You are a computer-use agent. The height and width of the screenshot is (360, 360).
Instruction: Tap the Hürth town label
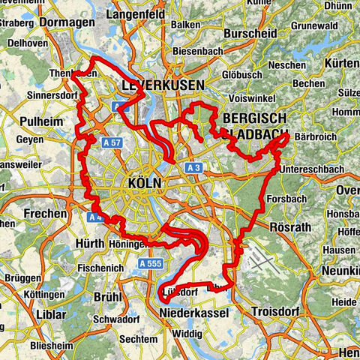pos(90,244)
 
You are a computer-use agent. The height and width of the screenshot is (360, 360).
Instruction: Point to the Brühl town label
pos(107,297)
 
